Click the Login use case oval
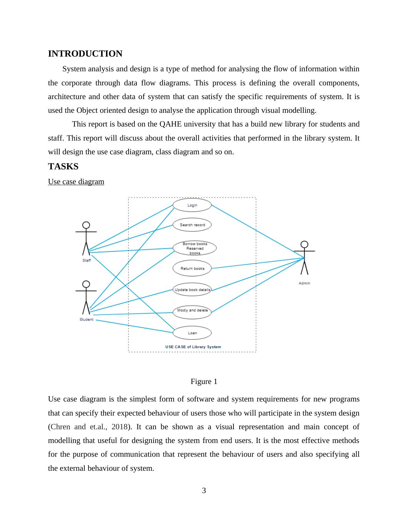(192, 205)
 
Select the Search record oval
(192, 225)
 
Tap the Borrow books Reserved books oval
(195, 248)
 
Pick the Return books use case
(192, 268)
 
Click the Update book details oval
(192, 290)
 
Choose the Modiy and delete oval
(192, 311)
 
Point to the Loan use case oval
(192, 333)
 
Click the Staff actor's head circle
(86, 225)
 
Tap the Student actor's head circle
(86, 284)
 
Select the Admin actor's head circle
(304, 244)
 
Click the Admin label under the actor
(304, 283)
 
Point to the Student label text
(86, 320)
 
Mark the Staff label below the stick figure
(87, 261)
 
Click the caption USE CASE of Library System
(193, 347)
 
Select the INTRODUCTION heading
(85, 54)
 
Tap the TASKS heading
(63, 167)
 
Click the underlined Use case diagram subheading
(76, 182)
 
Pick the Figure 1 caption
(204, 382)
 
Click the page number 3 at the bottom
(204, 491)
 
